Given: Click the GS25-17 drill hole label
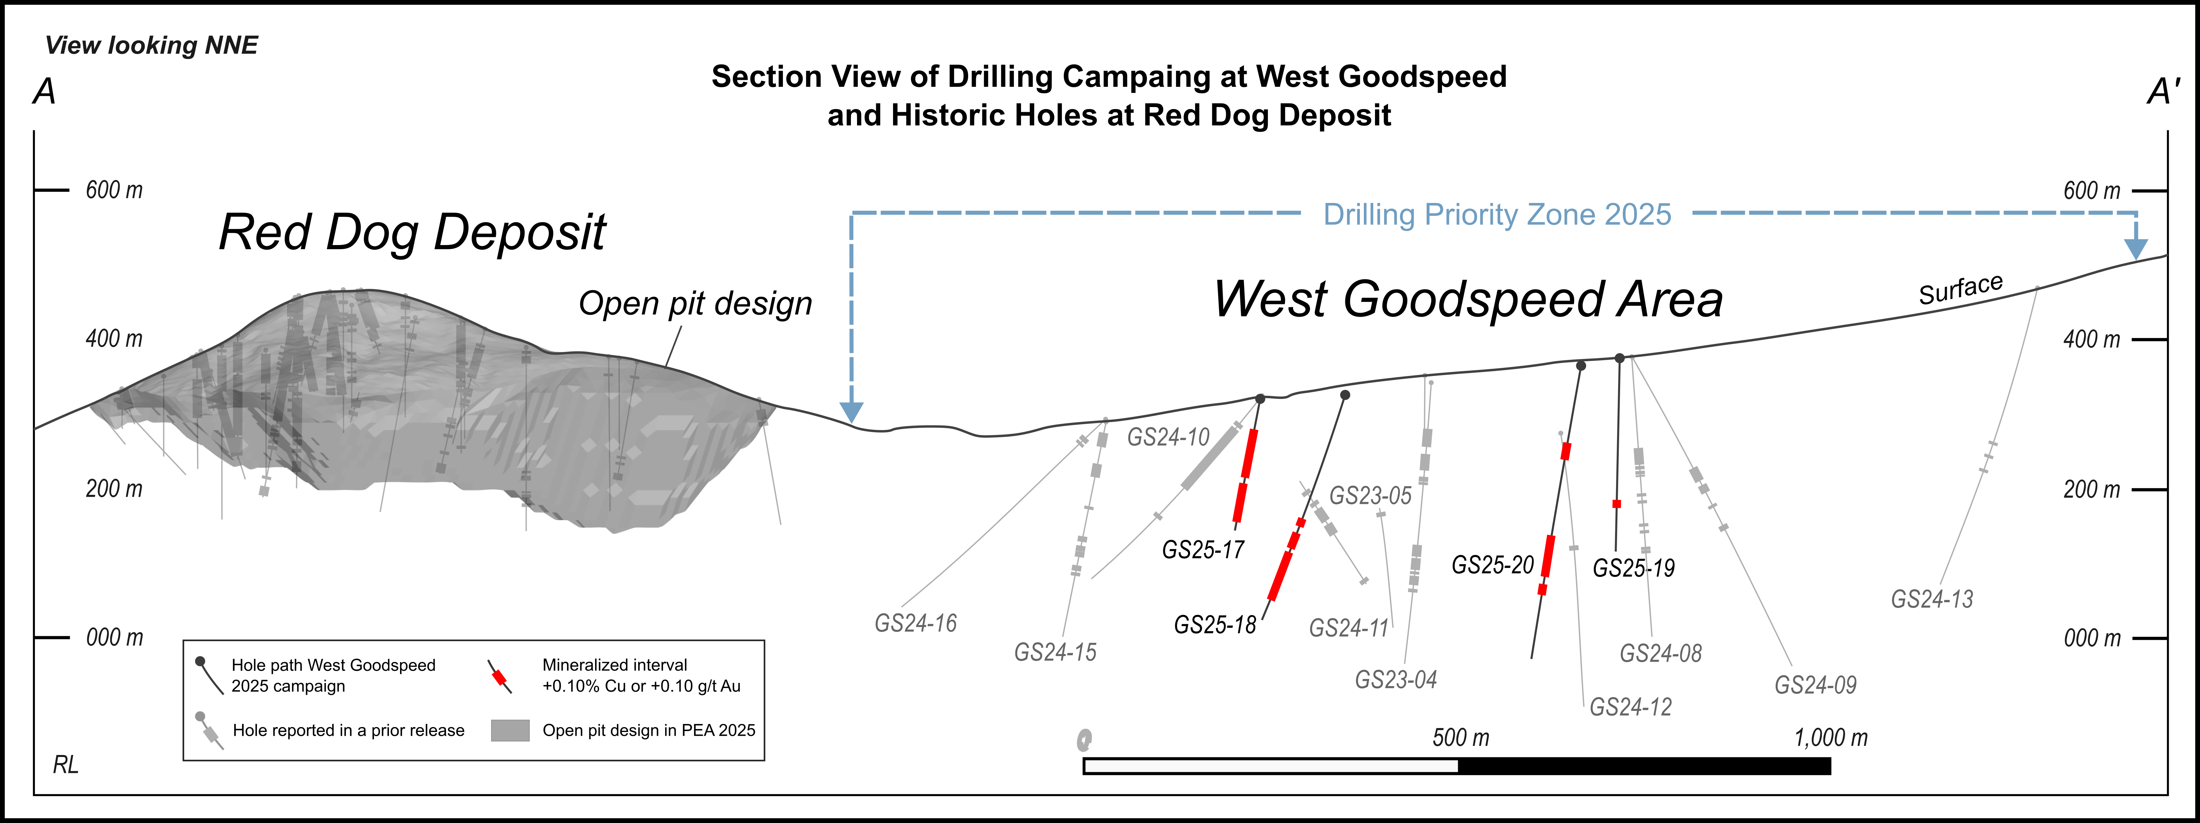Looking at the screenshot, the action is [1203, 550].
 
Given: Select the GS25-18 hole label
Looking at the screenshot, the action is [1214, 625].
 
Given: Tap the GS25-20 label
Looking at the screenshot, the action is [1493, 565].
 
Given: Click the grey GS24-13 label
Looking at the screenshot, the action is [1932, 599].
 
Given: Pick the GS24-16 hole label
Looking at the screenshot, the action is [916, 623].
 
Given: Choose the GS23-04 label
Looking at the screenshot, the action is [1395, 680].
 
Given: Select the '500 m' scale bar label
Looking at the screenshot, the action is [1460, 738].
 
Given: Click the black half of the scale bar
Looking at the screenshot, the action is [1644, 766].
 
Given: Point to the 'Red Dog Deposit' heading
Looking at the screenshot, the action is [412, 232].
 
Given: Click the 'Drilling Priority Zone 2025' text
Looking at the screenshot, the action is [1496, 214].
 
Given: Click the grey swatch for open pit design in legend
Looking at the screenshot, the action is [510, 730].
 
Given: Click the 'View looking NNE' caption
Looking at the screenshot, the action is [151, 45].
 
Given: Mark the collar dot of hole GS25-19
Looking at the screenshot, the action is [1619, 358].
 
